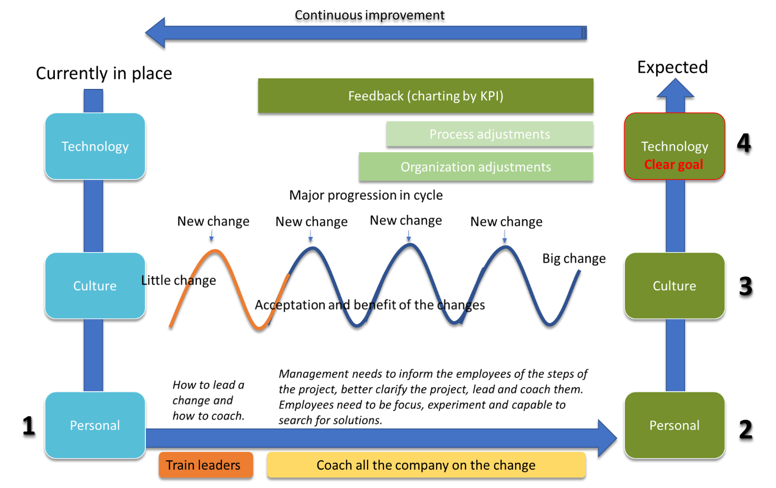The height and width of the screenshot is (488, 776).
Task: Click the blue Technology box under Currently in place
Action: (95, 146)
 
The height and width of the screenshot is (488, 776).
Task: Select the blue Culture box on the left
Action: (95, 286)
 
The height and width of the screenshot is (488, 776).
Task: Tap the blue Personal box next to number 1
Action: (95, 425)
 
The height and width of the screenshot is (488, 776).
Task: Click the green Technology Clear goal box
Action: (675, 146)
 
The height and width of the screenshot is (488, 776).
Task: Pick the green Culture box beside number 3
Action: (675, 286)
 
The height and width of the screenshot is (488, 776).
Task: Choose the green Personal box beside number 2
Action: (675, 425)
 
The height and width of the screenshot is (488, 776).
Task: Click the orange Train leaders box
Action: (206, 465)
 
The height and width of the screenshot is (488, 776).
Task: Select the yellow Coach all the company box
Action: (426, 465)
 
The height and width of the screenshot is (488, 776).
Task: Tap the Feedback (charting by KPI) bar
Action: (426, 96)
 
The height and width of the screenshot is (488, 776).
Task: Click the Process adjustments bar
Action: (489, 134)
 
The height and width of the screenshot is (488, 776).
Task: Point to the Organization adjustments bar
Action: (476, 167)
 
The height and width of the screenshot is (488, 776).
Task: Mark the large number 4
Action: (744, 142)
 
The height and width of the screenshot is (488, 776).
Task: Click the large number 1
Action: (29, 425)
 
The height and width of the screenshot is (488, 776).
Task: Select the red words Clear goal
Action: (674, 164)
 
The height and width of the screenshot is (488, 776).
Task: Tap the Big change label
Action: (574, 258)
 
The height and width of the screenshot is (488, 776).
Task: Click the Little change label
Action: (178, 280)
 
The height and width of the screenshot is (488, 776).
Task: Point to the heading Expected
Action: (672, 67)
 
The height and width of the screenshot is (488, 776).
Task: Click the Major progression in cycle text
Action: (366, 195)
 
